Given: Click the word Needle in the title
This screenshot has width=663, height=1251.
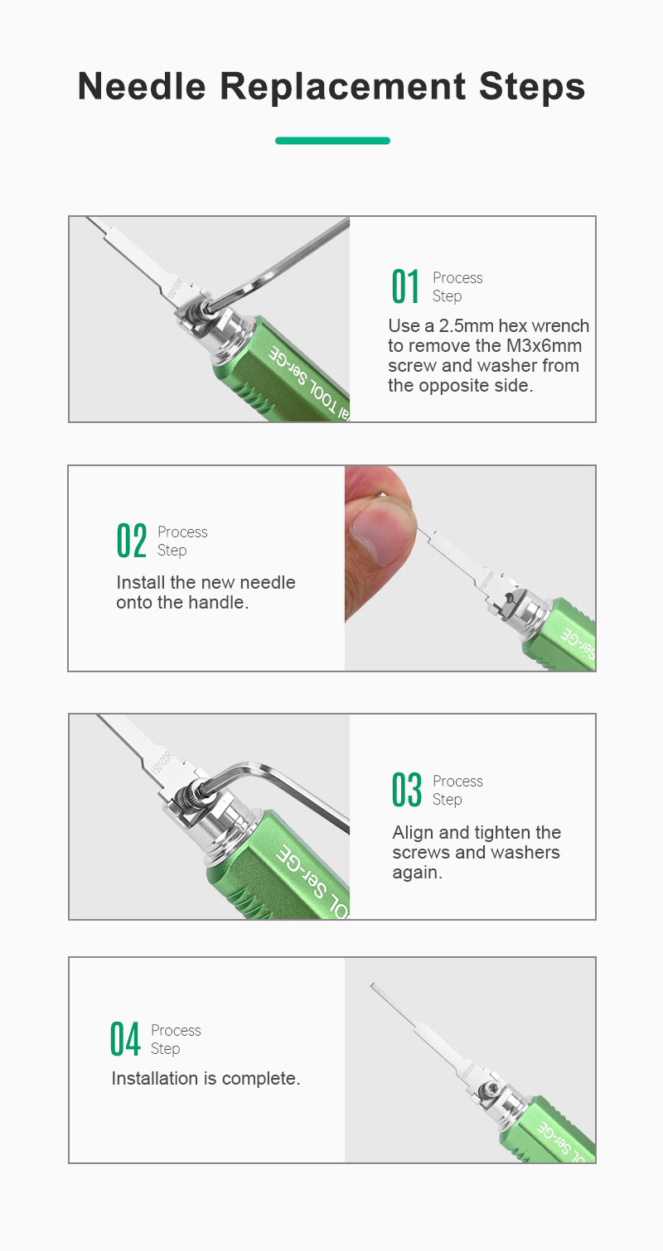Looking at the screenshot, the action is (x=142, y=87).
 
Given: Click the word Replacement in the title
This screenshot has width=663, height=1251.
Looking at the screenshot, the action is (x=342, y=87).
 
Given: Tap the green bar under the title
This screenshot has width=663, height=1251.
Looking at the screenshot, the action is (x=332, y=141).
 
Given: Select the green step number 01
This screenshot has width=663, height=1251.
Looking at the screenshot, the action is (x=405, y=286).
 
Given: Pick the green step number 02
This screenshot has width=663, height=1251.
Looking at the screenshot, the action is (x=132, y=541).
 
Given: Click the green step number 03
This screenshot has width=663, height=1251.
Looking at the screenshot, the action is (x=406, y=790).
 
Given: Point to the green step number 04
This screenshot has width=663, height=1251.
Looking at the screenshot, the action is (x=124, y=1039).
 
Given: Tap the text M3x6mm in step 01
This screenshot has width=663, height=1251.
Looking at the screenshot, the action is (x=544, y=346).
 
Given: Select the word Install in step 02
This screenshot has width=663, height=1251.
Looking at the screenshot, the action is (x=141, y=583).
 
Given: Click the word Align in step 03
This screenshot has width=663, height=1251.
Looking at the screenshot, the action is (x=413, y=833).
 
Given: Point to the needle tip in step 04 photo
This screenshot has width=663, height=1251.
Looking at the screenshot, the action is (x=372, y=985).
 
